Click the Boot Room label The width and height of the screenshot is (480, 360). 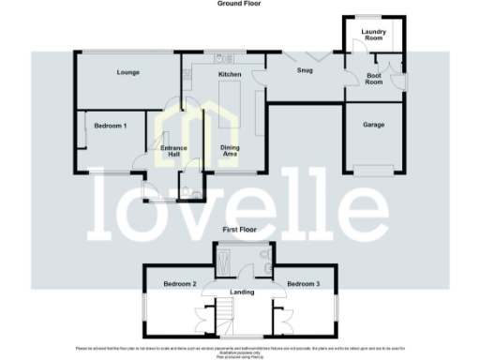coord(374,79)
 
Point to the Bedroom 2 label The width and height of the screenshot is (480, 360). coord(179,283)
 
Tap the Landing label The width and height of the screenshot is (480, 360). coord(241,292)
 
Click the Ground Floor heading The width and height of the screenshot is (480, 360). coord(240,5)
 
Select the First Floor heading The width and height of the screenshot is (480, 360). coord(240,229)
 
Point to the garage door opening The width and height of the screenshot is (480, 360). coord(374,169)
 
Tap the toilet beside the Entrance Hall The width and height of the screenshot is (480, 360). coord(193,189)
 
